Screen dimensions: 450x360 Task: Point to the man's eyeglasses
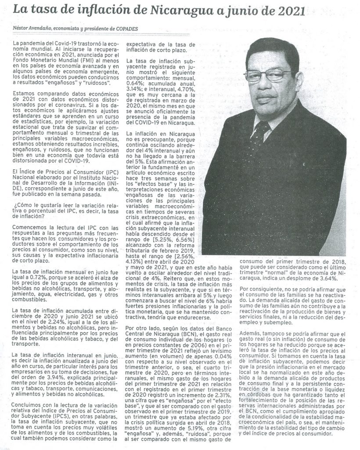[x=269, y=75]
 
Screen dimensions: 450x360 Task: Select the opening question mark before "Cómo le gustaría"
[x=15, y=205]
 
